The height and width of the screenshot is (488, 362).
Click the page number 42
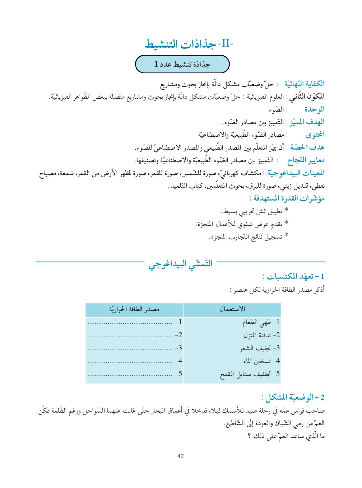(181, 456)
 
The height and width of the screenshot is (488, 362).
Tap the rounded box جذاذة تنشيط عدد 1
(182, 64)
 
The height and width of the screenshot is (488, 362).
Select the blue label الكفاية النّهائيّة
(304, 84)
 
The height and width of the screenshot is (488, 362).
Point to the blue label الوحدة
(314, 109)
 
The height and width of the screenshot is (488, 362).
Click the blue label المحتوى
(315, 135)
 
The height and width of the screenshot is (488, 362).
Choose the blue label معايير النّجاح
(306, 160)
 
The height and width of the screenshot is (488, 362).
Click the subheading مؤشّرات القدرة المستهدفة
(287, 198)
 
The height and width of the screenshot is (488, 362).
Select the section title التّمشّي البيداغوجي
(181, 264)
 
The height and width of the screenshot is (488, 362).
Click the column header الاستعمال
(232, 309)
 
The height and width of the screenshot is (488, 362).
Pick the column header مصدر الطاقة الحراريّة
(134, 309)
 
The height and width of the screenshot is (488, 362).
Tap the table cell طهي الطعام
(261, 322)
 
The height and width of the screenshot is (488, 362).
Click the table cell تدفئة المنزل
(261, 335)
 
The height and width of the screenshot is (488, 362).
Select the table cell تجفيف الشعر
(260, 348)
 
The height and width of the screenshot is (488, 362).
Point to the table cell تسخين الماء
(261, 361)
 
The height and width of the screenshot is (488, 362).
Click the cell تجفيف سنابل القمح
(250, 374)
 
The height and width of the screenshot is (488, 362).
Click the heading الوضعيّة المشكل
(293, 397)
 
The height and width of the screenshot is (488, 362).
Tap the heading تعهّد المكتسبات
(293, 276)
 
